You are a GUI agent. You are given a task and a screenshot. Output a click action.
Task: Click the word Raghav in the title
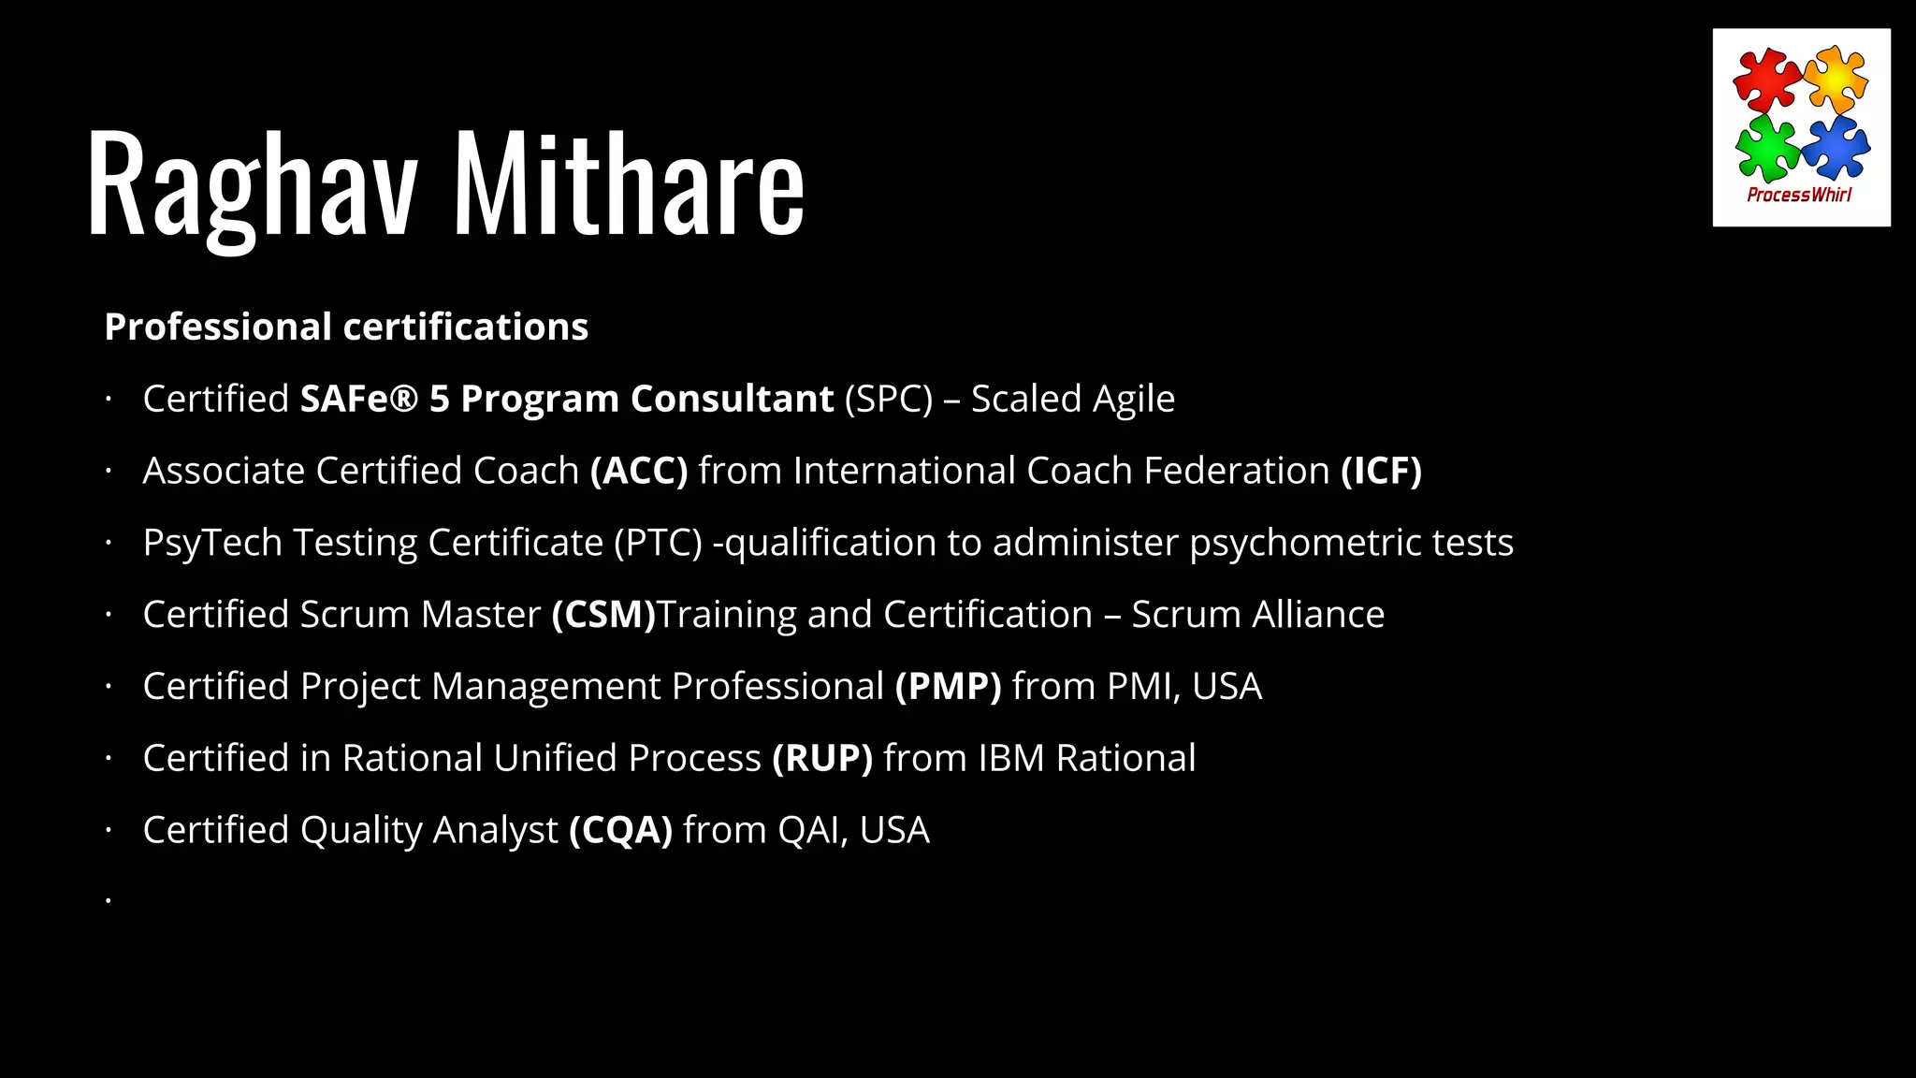click(x=251, y=184)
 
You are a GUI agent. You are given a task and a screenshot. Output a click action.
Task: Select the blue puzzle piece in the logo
click(x=1836, y=147)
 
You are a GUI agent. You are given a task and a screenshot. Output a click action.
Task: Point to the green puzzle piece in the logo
click(x=1765, y=148)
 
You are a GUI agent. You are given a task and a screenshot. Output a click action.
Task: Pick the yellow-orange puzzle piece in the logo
click(x=1836, y=79)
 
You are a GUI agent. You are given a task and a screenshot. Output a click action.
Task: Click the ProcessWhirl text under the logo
click(x=1799, y=195)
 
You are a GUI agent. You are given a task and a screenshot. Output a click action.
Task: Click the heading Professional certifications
click(x=346, y=327)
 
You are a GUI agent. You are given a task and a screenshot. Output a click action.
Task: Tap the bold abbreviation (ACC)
click(x=639, y=471)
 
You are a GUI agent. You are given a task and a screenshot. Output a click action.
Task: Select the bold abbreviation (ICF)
click(x=1381, y=471)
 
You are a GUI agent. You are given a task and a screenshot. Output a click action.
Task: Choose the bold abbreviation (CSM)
click(x=603, y=615)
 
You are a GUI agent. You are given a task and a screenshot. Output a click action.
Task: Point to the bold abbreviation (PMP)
click(x=948, y=687)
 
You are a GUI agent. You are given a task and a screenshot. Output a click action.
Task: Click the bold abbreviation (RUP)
click(x=822, y=758)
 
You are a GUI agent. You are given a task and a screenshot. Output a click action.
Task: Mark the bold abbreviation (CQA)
click(x=620, y=830)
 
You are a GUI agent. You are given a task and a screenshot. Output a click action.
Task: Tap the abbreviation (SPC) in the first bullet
click(x=889, y=400)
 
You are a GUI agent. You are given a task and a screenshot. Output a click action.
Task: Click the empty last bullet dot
click(x=109, y=901)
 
